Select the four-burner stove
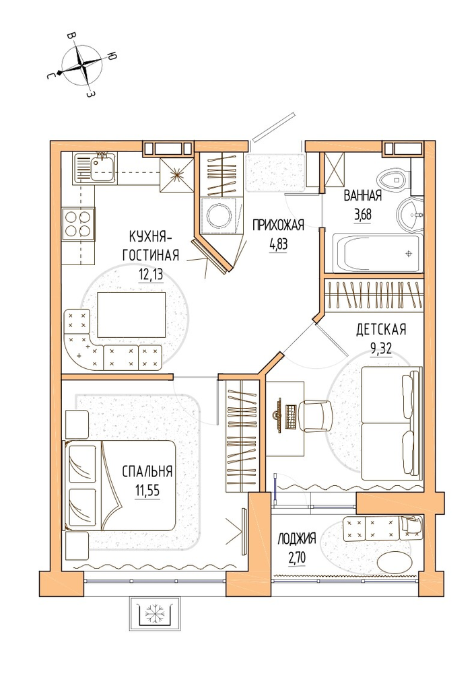click(x=79, y=223)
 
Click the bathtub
click(x=378, y=253)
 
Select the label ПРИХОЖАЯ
click(x=279, y=225)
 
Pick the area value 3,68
click(x=362, y=214)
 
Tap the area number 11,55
click(x=147, y=490)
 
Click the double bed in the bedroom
click(x=120, y=485)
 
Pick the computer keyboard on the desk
click(x=291, y=417)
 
